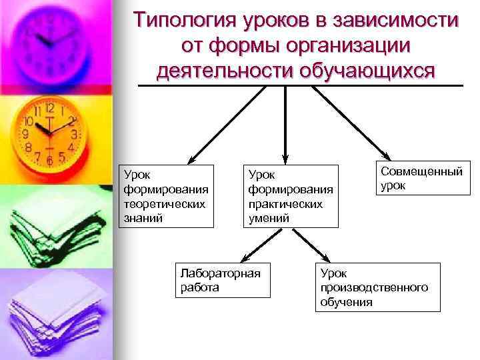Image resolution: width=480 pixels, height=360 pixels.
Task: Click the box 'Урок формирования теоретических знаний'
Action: click(x=166, y=195)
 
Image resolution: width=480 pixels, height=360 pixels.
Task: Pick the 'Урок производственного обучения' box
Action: click(x=377, y=287)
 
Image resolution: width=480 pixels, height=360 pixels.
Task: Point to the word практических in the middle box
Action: click(x=285, y=205)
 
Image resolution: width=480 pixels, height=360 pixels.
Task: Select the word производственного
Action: click(x=374, y=287)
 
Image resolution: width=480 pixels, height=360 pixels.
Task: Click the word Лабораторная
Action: click(x=220, y=273)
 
